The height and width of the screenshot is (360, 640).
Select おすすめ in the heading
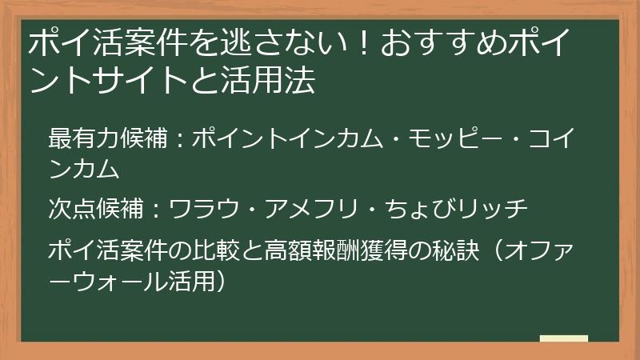[437, 45]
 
